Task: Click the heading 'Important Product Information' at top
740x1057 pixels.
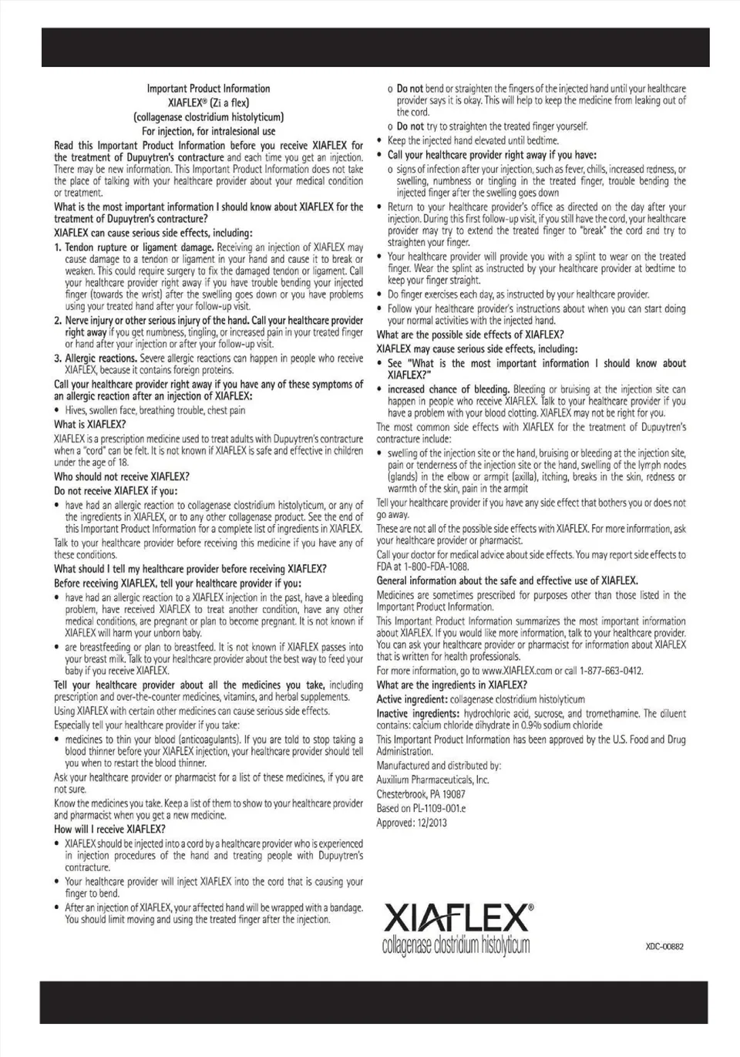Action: (208, 89)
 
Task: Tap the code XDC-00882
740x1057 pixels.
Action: (664, 946)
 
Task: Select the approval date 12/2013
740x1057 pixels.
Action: (434, 823)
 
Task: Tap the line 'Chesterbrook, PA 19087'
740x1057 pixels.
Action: (421, 794)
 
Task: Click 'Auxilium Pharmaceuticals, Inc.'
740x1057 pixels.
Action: (432, 779)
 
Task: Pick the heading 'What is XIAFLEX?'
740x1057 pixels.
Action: (89, 425)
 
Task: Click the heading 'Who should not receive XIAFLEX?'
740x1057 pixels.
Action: (121, 477)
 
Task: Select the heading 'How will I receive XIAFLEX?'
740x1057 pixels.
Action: (109, 830)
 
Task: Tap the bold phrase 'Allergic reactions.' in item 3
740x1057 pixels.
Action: (101, 359)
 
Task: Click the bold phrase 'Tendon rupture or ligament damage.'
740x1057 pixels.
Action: (139, 247)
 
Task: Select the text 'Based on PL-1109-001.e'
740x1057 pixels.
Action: (421, 809)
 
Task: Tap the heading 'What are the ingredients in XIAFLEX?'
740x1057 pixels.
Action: (452, 685)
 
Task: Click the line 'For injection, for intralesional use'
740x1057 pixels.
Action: (208, 131)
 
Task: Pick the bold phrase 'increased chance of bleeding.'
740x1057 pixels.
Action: (448, 389)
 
